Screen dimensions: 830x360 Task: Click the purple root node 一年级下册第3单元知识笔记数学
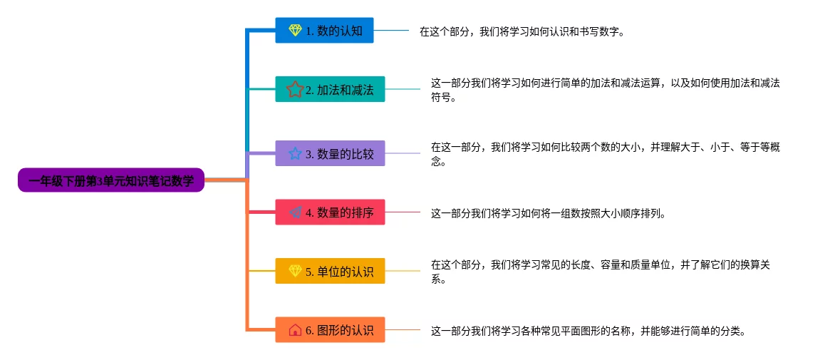pyautogui.click(x=111, y=180)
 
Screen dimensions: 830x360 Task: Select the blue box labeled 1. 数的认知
pyautogui.click(x=324, y=30)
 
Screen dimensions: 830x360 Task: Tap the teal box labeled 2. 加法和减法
pyautogui.click(x=330, y=89)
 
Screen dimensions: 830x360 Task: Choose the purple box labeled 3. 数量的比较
pyautogui.click(x=330, y=153)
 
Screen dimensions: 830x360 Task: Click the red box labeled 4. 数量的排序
pyautogui.click(x=330, y=212)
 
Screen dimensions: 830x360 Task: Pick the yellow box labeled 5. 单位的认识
pyautogui.click(x=330, y=270)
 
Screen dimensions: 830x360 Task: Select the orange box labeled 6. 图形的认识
pyautogui.click(x=330, y=329)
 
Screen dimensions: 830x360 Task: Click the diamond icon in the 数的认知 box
pyautogui.click(x=296, y=30)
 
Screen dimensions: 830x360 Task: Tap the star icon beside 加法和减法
pyautogui.click(x=294, y=89)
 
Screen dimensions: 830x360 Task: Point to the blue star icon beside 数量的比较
pyautogui.click(x=295, y=153)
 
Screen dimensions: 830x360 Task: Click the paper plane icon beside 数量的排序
pyautogui.click(x=296, y=212)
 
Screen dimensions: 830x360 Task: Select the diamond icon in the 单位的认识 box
pyautogui.click(x=296, y=270)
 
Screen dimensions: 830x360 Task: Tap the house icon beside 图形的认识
pyautogui.click(x=296, y=329)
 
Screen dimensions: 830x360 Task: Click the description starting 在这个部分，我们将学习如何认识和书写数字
pyautogui.click(x=522, y=31)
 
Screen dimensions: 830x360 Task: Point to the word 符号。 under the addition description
pyautogui.click(x=443, y=98)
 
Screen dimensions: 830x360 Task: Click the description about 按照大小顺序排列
pyautogui.click(x=548, y=213)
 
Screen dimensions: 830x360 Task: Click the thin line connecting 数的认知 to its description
pyautogui.click(x=391, y=30)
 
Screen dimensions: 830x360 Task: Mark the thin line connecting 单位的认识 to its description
pyautogui.click(x=403, y=270)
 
